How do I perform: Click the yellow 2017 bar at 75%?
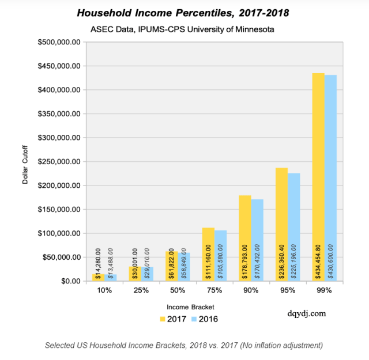(x=209, y=253)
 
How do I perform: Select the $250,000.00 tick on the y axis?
(x=60, y=162)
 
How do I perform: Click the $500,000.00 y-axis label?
(x=60, y=43)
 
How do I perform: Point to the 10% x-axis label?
(x=104, y=291)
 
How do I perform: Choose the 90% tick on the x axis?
(x=251, y=291)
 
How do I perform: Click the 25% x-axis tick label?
(x=141, y=291)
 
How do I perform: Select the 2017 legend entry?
(x=171, y=319)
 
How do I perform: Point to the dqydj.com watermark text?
(x=306, y=314)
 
